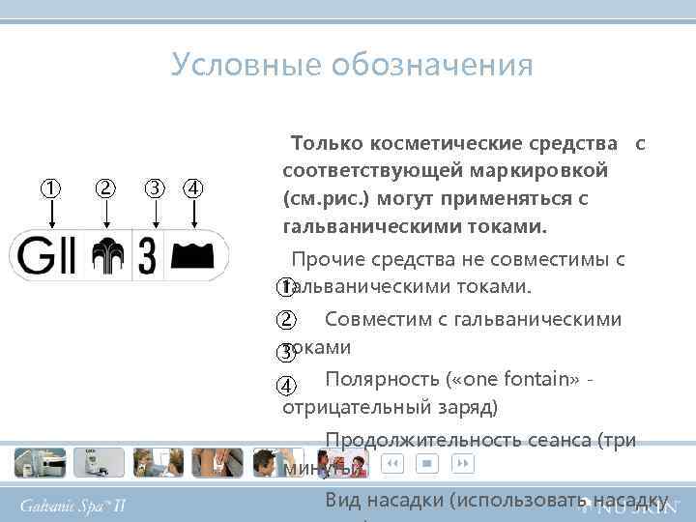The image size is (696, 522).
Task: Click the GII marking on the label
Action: [45, 256]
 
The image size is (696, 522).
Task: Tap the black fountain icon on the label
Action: [106, 256]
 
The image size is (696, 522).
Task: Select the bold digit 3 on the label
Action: [147, 256]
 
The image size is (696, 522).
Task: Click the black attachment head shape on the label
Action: [192, 255]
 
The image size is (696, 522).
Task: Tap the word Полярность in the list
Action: [380, 378]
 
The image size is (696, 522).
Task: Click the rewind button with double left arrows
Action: [391, 464]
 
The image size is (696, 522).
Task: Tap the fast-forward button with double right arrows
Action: [463, 464]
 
